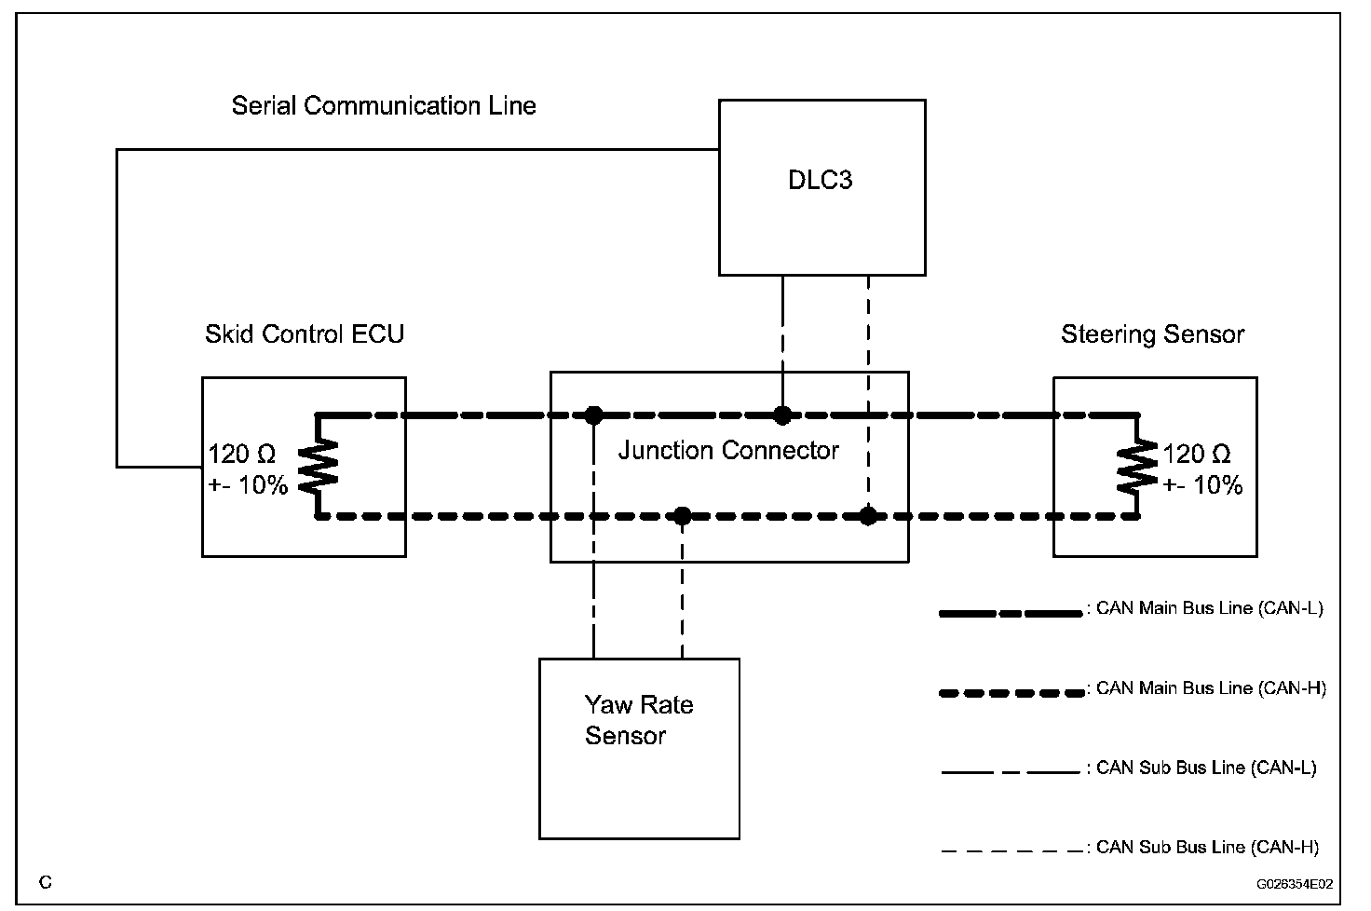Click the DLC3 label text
click(821, 180)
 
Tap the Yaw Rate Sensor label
click(639, 720)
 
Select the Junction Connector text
click(728, 451)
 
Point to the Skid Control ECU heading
click(305, 334)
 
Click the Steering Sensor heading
click(1152, 335)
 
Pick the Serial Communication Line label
click(384, 106)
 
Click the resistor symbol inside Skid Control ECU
click(318, 466)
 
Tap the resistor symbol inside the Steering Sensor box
click(1137, 466)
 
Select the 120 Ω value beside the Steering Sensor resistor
click(1196, 455)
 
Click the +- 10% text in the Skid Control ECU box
click(248, 485)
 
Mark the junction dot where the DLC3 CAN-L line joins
click(782, 415)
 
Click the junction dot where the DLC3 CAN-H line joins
click(868, 516)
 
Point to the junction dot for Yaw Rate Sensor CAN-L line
click(593, 415)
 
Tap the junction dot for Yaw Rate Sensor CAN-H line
click(683, 516)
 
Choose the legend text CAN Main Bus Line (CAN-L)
click(1210, 608)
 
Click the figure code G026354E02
click(1295, 885)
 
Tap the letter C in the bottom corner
click(46, 882)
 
